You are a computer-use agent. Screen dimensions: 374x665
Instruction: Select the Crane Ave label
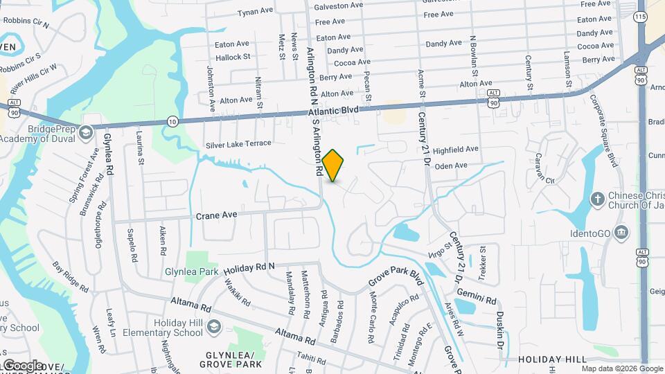click(216, 215)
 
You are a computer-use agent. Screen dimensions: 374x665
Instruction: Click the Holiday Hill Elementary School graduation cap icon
click(215, 326)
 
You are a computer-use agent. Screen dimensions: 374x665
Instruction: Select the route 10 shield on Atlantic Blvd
click(172, 121)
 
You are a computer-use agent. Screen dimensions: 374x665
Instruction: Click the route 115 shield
click(639, 15)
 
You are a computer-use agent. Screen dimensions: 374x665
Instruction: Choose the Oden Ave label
click(451, 166)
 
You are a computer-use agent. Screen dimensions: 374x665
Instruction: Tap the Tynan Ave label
click(256, 12)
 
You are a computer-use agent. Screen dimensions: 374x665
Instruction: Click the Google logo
click(22, 364)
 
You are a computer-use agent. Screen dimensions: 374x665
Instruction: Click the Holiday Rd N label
click(249, 267)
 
